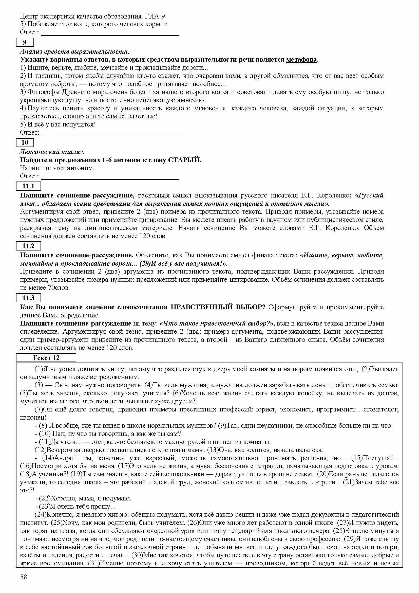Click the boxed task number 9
pyautogui.click(x=25, y=42)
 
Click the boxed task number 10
pyautogui.click(x=25, y=142)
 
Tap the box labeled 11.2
pyautogui.click(x=28, y=246)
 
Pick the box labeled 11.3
pyautogui.click(x=28, y=298)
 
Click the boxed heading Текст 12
pyautogui.click(x=46, y=358)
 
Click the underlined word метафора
pyautogui.click(x=301, y=60)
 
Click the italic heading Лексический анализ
pyautogui.click(x=52, y=152)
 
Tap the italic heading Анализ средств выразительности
pyautogui.click(x=75, y=52)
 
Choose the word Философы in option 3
pyautogui.click(x=43, y=92)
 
